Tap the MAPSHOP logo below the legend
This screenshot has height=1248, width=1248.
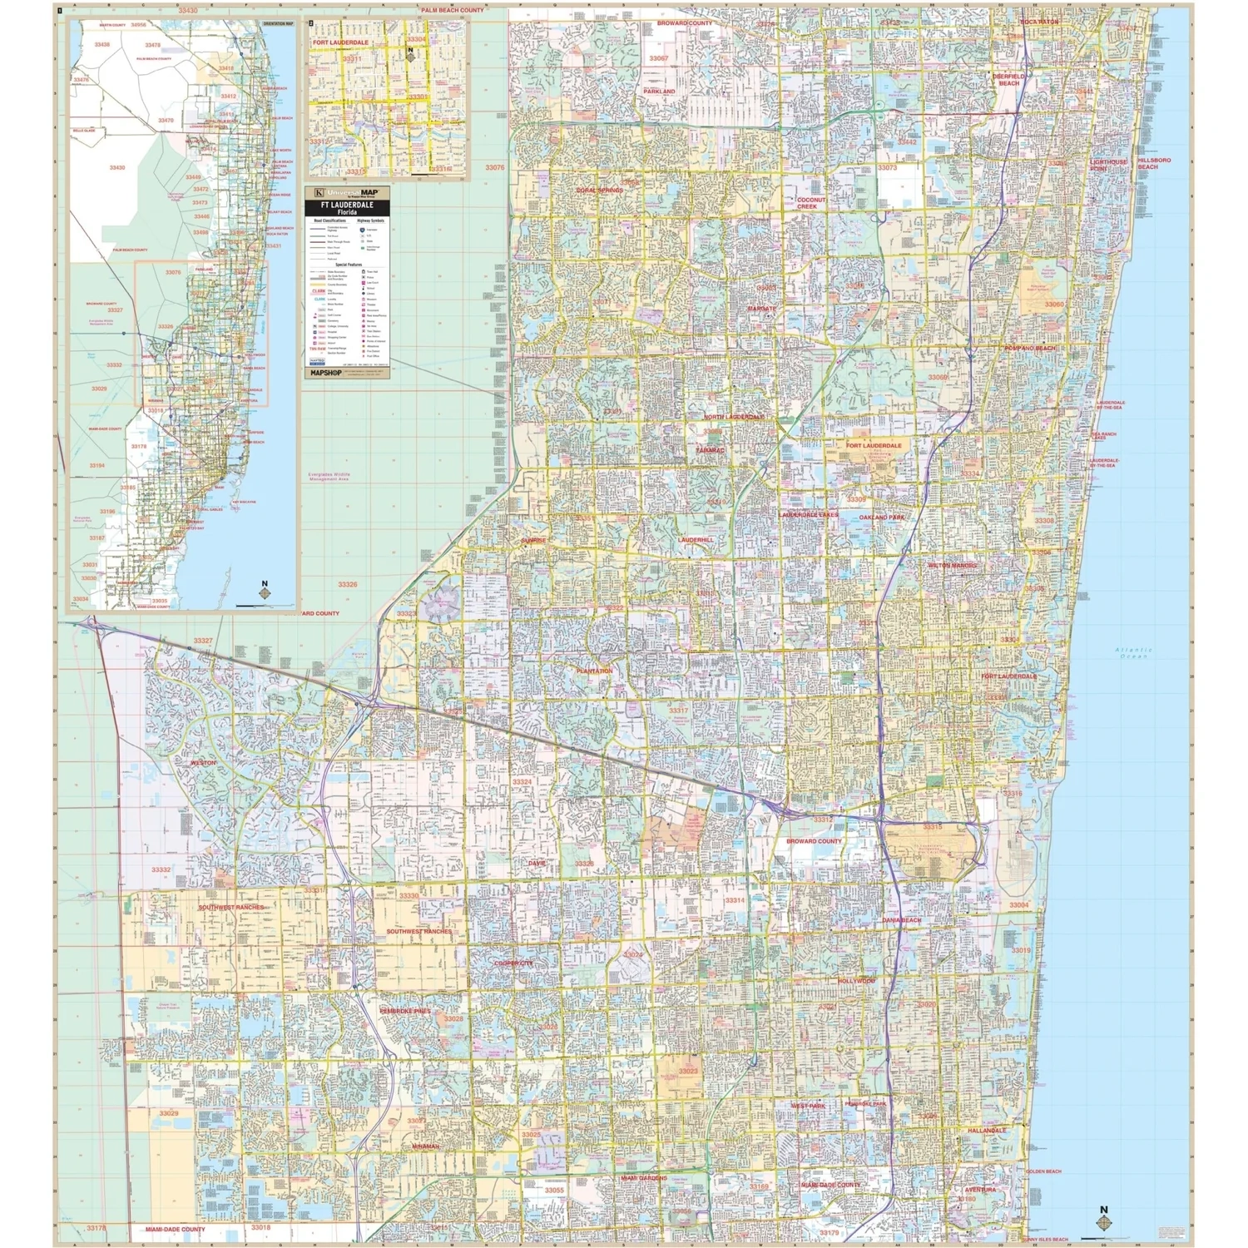(x=326, y=374)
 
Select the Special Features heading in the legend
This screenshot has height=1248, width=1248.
(x=348, y=265)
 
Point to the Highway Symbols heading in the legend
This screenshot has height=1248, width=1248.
(x=370, y=221)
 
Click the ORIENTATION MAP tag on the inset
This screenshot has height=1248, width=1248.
(x=278, y=24)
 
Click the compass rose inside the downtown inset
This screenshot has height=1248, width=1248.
(x=410, y=55)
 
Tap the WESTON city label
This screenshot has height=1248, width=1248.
(x=203, y=762)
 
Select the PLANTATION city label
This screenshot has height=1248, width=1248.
(x=594, y=671)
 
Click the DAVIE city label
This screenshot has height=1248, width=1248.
(x=537, y=863)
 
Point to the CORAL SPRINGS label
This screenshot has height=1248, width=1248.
(x=599, y=191)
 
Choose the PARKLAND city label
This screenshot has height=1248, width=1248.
(x=659, y=92)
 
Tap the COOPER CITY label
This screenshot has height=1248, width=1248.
(x=513, y=963)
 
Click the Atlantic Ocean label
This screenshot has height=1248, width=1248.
(x=1133, y=653)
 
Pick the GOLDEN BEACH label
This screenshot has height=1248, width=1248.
(x=1043, y=1171)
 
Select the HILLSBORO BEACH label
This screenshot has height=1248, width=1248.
(x=1154, y=163)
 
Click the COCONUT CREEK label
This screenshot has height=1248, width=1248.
(x=811, y=203)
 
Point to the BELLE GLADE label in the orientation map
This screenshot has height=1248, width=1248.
(x=83, y=131)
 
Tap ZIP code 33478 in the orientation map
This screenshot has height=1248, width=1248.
(x=152, y=45)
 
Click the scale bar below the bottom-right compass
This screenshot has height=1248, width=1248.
(x=1104, y=1237)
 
